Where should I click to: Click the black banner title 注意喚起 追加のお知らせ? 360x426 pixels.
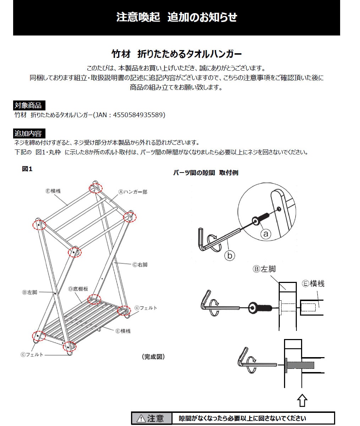176,17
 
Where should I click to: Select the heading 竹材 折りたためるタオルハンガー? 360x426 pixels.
176,54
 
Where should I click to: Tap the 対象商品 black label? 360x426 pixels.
28,105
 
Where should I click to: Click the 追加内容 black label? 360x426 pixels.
28,133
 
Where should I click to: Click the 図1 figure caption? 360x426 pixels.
27,169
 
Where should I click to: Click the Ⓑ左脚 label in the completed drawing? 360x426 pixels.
29,292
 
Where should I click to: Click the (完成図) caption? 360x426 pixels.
153,356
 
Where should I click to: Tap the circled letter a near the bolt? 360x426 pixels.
266,234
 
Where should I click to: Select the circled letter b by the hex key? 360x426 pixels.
230,255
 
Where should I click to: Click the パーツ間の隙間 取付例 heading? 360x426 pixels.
206,173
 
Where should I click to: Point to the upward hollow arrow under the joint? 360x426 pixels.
302,400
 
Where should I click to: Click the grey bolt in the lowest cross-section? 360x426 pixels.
300,365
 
